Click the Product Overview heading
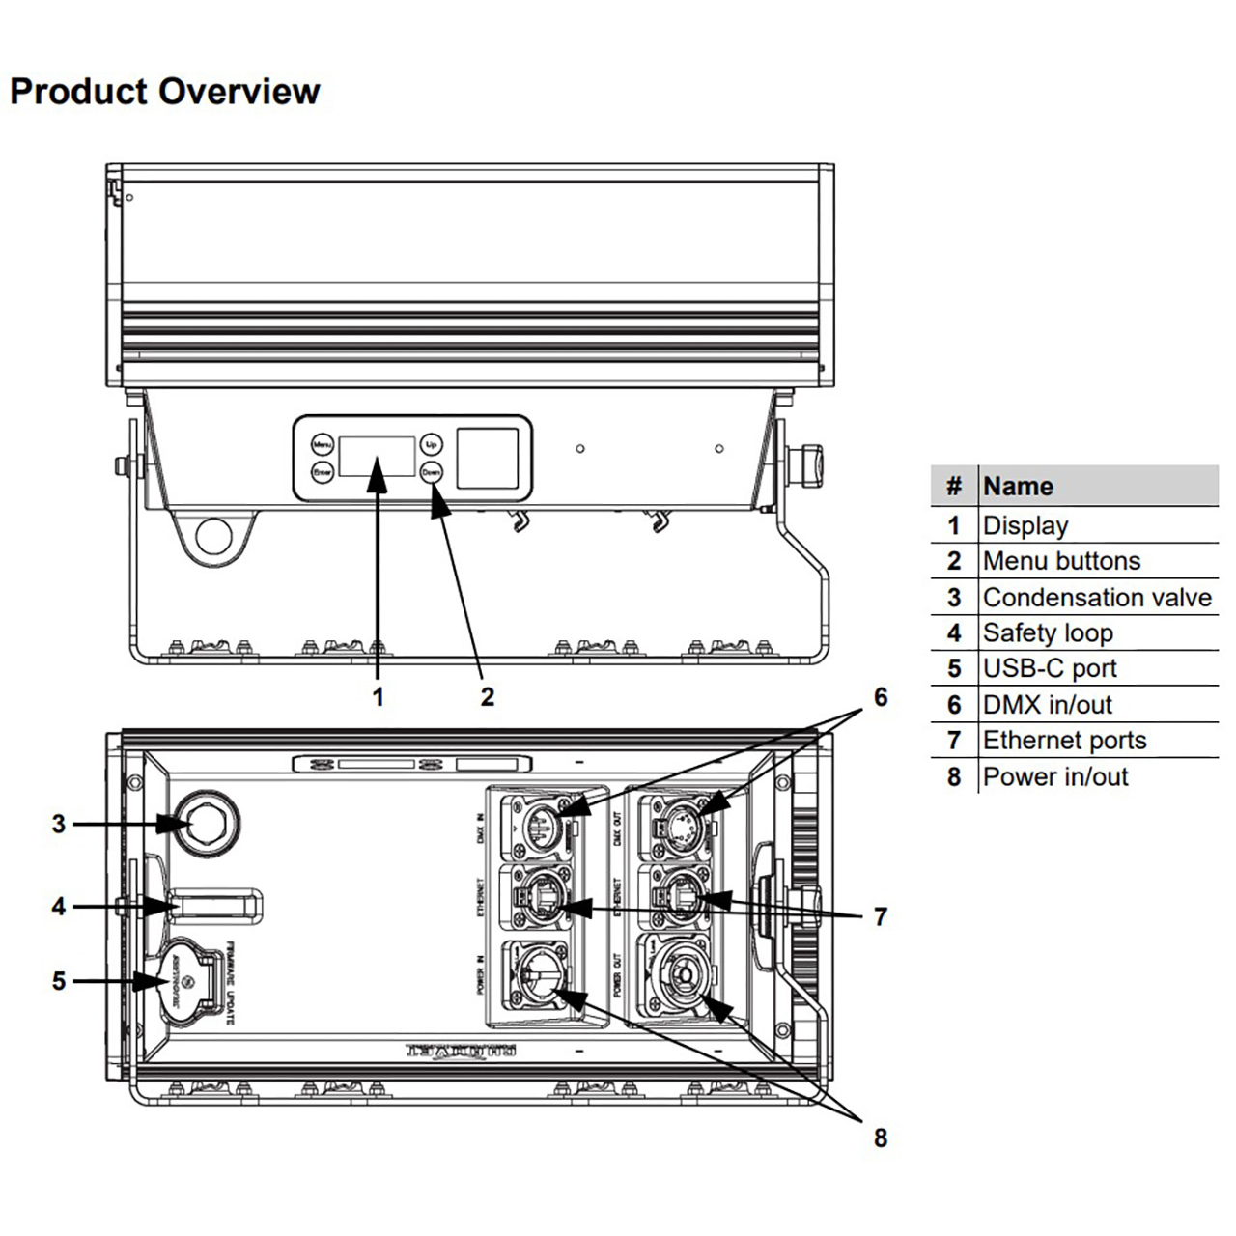[164, 92]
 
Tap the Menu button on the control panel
[322, 445]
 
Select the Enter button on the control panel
[322, 472]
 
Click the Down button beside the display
[431, 472]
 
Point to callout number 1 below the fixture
[379, 696]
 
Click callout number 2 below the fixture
[488, 696]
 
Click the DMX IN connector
[543, 824]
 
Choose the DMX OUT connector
[680, 824]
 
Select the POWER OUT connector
[681, 977]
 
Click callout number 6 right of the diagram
[881, 697]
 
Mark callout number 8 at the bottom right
[881, 1138]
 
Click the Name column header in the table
[1018, 486]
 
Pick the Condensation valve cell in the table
[1097, 598]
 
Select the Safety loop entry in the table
[1048, 633]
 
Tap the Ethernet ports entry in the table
[1064, 741]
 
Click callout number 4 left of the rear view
[59, 907]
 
